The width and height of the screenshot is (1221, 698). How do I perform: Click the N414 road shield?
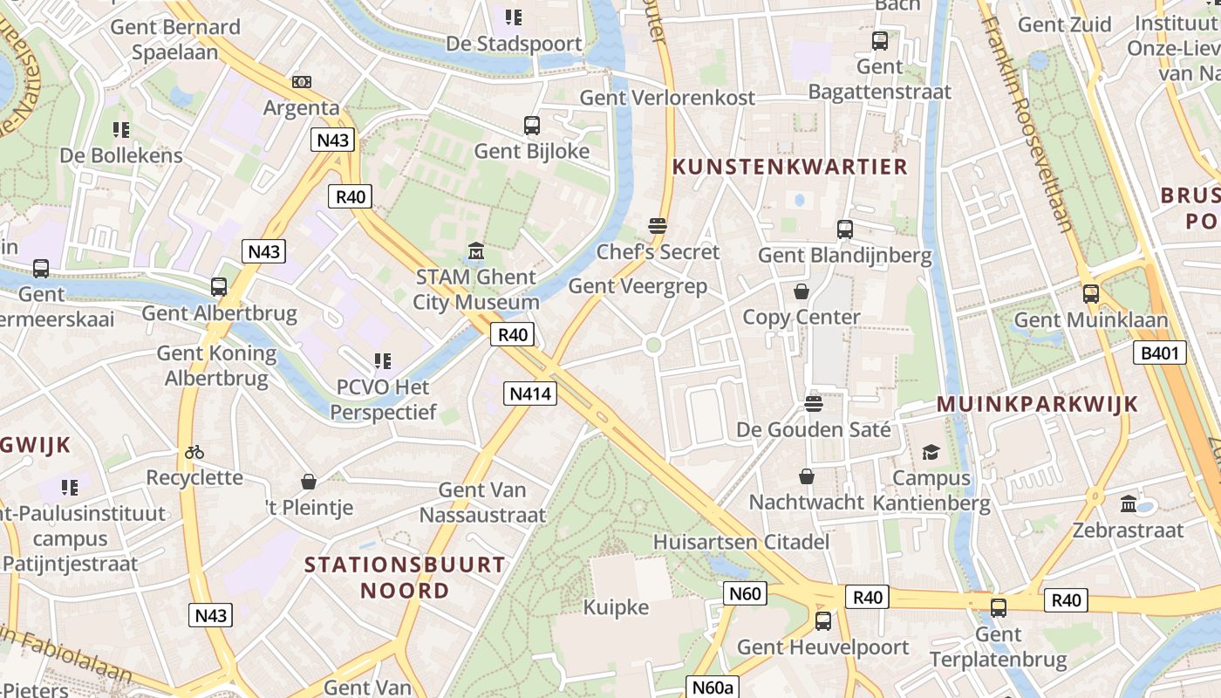530,393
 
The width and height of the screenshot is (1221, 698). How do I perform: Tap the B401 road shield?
1160,353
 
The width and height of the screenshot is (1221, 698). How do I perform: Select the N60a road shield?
713,688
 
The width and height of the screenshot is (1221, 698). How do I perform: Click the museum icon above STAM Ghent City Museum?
475,251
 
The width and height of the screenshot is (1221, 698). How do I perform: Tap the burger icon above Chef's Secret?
658,226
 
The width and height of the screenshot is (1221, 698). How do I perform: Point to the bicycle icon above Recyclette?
194,452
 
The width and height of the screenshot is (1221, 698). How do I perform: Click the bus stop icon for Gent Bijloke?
532,126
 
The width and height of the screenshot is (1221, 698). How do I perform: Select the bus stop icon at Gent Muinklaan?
1090,294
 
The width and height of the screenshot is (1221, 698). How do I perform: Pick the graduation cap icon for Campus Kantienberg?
931,452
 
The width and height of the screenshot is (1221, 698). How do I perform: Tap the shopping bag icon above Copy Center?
801,291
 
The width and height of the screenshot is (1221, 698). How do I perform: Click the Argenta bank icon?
302,82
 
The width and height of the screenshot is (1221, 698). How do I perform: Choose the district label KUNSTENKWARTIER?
790,167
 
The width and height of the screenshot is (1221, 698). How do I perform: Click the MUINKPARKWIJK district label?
1037,404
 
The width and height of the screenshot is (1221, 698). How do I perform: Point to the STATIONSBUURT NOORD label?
405,578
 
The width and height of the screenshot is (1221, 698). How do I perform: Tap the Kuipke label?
616,607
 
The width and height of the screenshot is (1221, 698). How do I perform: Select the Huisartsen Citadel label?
740,542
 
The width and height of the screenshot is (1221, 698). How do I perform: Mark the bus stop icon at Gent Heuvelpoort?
822,621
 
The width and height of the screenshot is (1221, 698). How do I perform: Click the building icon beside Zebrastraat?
1129,503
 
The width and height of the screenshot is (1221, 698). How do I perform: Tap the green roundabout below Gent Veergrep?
653,346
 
